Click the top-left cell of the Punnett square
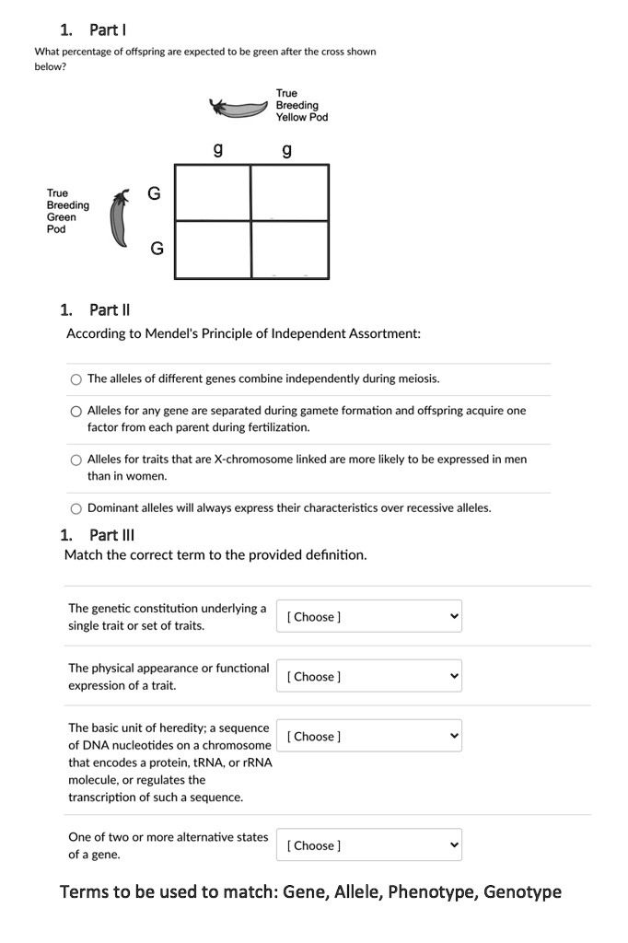pyautogui.click(x=213, y=192)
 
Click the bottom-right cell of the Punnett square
pyautogui.click(x=289, y=249)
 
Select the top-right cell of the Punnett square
pyautogui.click(x=289, y=192)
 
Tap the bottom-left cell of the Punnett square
pyautogui.click(x=213, y=249)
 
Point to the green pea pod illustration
pyautogui.click(x=118, y=220)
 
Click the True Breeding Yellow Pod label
pyautogui.click(x=301, y=105)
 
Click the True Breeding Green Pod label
pyautogui.click(x=67, y=211)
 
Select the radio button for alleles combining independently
pyautogui.click(x=76, y=379)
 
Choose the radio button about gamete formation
pyautogui.click(x=76, y=412)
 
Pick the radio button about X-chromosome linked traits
pyautogui.click(x=76, y=460)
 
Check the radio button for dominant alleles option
pyautogui.click(x=76, y=508)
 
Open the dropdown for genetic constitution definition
pyautogui.click(x=368, y=617)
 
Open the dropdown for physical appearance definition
pyautogui.click(x=368, y=677)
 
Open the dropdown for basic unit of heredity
pyautogui.click(x=368, y=737)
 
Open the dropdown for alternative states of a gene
pyautogui.click(x=368, y=845)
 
